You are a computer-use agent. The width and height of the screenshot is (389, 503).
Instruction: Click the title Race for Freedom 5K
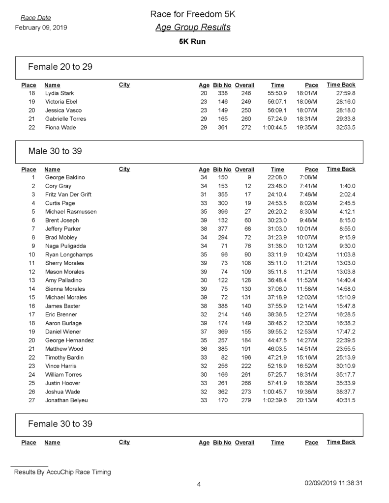click(x=192, y=15)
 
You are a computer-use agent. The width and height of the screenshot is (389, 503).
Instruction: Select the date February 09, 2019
click(x=41, y=28)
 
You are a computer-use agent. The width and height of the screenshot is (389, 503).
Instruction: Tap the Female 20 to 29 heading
click(x=60, y=66)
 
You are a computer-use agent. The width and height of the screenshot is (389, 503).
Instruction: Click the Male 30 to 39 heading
click(x=55, y=151)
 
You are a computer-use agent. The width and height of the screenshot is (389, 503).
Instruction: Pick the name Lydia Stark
click(x=60, y=93)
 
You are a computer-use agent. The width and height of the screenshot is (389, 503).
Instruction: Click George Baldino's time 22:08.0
click(x=277, y=177)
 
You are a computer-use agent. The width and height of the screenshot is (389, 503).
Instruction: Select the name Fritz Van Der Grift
click(x=68, y=195)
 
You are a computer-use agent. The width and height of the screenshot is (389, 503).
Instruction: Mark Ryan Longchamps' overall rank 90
click(x=247, y=254)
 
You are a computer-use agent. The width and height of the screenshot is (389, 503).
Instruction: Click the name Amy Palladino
click(x=63, y=280)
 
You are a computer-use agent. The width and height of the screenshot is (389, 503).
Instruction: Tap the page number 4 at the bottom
click(x=199, y=485)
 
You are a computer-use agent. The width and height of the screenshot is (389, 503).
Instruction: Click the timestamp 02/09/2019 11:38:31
click(x=334, y=483)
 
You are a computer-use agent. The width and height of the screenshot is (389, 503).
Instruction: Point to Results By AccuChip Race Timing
click(x=62, y=473)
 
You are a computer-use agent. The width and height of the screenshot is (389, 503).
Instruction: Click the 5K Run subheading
click(x=192, y=42)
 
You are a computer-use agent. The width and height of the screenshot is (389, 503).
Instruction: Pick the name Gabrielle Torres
click(x=65, y=119)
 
